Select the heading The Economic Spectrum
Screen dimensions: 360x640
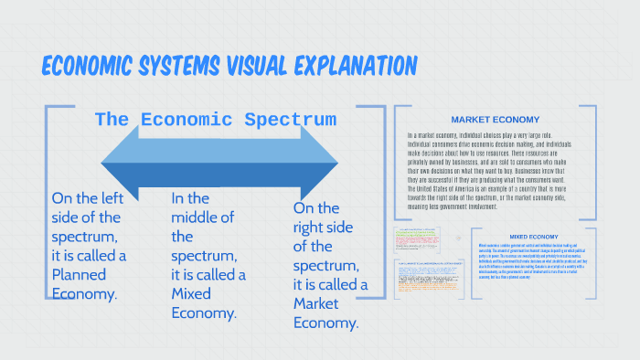(x=216, y=120)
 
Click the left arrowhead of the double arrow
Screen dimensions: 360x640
(x=123, y=163)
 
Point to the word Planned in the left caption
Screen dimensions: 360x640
(x=79, y=274)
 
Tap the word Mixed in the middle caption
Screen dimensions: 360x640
(x=190, y=293)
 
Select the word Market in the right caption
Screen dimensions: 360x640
(x=316, y=304)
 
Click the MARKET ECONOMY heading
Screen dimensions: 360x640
(x=495, y=120)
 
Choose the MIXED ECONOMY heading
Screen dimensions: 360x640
(x=534, y=236)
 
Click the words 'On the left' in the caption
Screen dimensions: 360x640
(x=86, y=198)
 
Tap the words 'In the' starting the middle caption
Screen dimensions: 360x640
(x=190, y=198)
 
